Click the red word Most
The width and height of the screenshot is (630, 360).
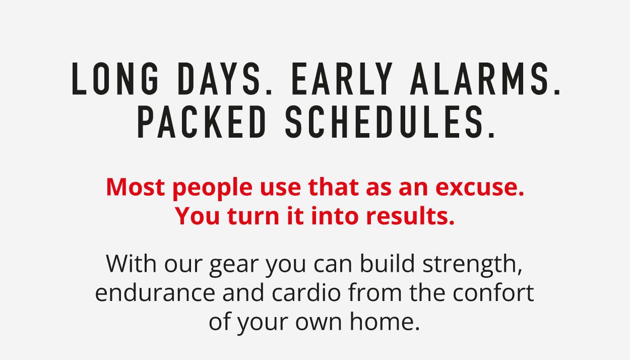(136, 187)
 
